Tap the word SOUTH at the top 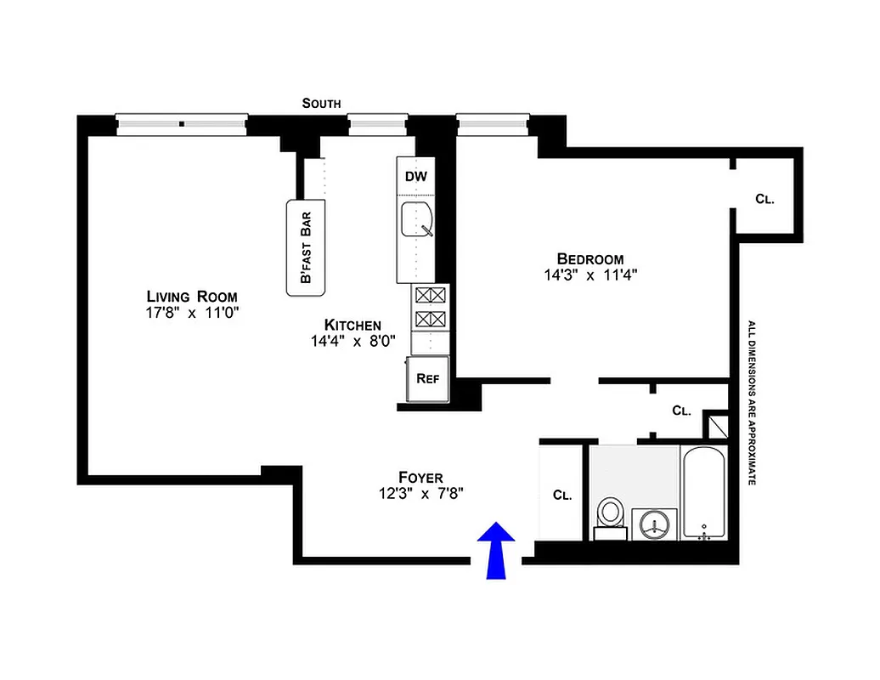(322, 103)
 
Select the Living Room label (192, 296)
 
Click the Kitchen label (353, 325)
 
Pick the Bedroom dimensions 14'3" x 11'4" (590, 275)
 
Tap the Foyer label (420, 477)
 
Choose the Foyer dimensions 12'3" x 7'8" (420, 493)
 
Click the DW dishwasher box (415, 177)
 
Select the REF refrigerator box (427, 377)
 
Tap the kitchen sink (417, 220)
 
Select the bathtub (703, 493)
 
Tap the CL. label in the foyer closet (561, 494)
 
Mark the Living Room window (182, 124)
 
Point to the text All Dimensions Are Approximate (751, 402)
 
